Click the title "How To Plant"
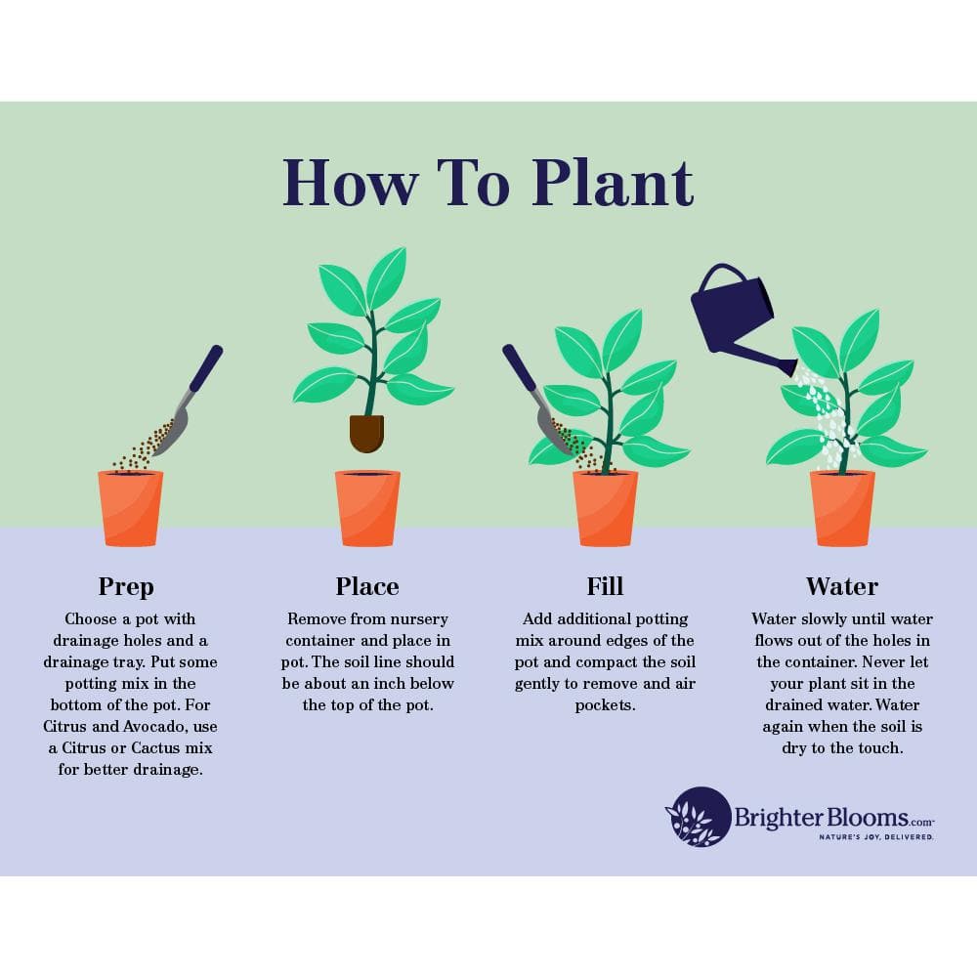pos(488,182)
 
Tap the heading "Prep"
pos(126,586)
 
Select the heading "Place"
pos(367,586)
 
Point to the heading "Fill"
pos(605,586)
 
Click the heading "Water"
pos(841,586)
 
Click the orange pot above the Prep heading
pos(130,508)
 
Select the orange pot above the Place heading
pos(367,508)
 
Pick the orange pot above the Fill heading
pos(605,508)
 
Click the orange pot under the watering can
pos(842,508)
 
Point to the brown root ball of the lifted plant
pos(366,433)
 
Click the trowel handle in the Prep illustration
pos(205,367)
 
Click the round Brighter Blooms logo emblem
pos(699,817)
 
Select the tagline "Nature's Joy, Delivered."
pos(875,837)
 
